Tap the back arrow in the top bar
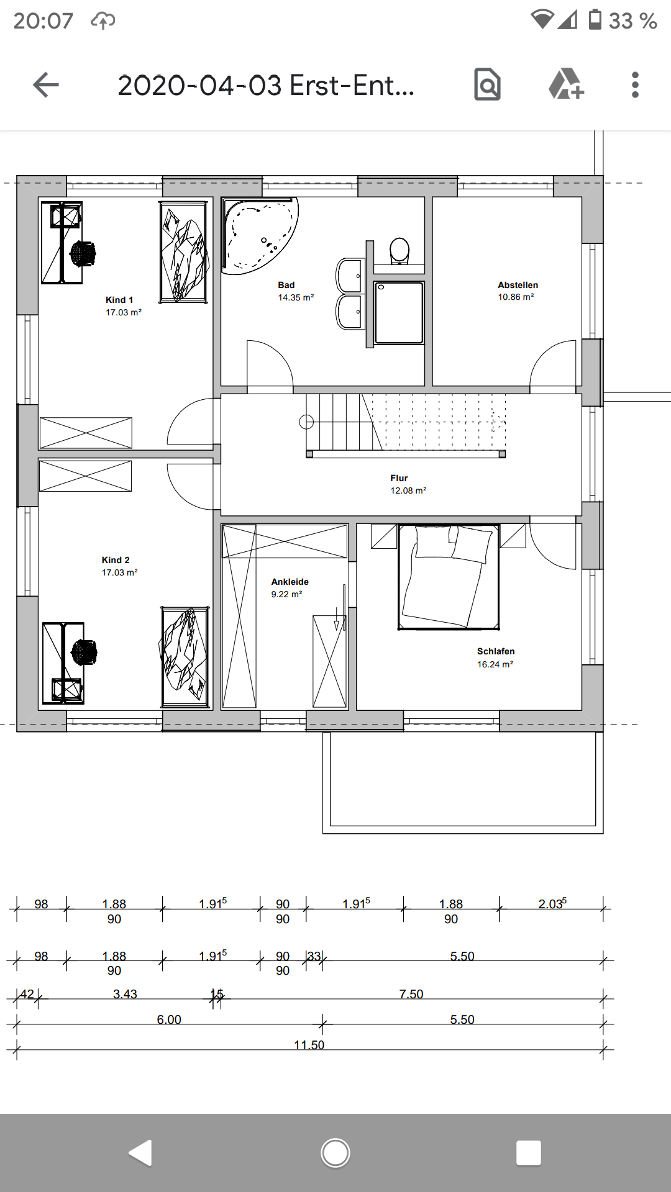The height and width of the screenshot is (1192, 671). [x=46, y=85]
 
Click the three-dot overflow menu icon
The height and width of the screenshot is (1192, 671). [x=635, y=85]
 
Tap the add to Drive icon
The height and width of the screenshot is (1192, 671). [x=566, y=84]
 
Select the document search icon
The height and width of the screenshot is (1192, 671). [x=487, y=84]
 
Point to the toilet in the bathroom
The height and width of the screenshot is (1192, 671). [x=399, y=251]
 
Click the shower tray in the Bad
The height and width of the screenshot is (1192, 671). [x=399, y=312]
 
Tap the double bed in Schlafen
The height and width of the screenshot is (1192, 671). [x=449, y=577]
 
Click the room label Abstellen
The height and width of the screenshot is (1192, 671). [x=518, y=285]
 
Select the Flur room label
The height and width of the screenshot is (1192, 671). [x=399, y=478]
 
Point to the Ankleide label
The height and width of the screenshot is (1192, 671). [x=290, y=582]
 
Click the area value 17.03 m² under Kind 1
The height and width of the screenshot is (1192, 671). [x=124, y=312]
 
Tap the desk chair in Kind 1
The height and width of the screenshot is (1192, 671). [x=83, y=253]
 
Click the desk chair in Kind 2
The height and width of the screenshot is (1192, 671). [x=84, y=652]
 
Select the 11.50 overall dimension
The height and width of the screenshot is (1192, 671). [x=309, y=1045]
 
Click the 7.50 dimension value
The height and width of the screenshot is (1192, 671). [x=411, y=994]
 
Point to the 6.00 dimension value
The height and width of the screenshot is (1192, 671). [x=169, y=1019]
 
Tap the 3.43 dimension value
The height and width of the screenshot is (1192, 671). [x=125, y=994]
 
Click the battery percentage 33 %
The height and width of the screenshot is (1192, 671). [x=632, y=21]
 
